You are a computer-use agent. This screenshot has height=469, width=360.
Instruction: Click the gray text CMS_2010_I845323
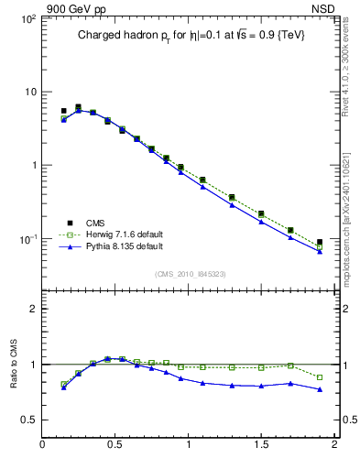[x=190, y=274]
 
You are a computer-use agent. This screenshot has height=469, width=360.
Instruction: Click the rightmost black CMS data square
[x=320, y=243]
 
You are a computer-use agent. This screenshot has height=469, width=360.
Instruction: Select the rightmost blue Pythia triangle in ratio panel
[x=320, y=389]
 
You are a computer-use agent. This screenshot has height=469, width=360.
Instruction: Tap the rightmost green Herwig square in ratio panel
[x=320, y=377]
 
